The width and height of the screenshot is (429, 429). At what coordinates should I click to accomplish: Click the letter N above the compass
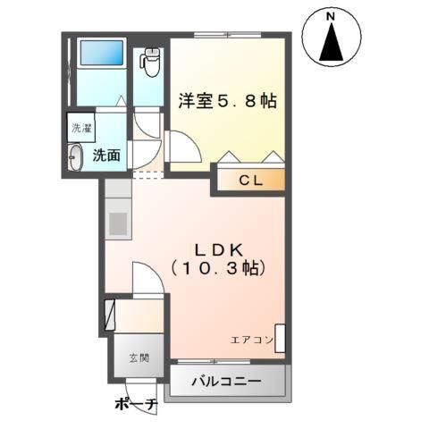[331, 17]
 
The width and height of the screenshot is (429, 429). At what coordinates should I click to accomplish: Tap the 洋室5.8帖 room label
[227, 101]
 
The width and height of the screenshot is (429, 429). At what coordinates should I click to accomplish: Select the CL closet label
[249, 180]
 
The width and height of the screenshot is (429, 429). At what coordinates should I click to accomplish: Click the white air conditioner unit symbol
[281, 338]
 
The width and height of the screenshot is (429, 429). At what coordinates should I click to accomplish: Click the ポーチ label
[136, 406]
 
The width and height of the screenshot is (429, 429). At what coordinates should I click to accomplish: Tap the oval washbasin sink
[75, 156]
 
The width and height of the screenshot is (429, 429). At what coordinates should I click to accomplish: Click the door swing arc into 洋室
[181, 143]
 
